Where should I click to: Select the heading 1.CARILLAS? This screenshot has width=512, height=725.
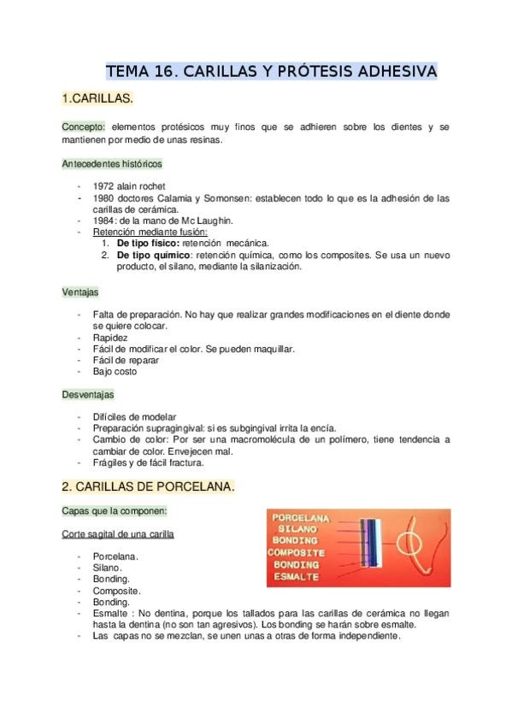coord(97,100)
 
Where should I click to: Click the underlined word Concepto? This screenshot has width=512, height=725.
coord(83,127)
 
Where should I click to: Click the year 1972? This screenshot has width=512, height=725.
coord(103,186)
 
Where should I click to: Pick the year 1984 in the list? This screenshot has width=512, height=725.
coord(103,220)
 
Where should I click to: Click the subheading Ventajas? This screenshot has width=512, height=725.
coord(80,292)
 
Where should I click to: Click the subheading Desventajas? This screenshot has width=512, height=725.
coord(88,394)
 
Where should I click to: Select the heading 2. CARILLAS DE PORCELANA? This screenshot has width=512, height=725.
coord(148,487)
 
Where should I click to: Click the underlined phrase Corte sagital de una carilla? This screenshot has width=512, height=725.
coord(118,533)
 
